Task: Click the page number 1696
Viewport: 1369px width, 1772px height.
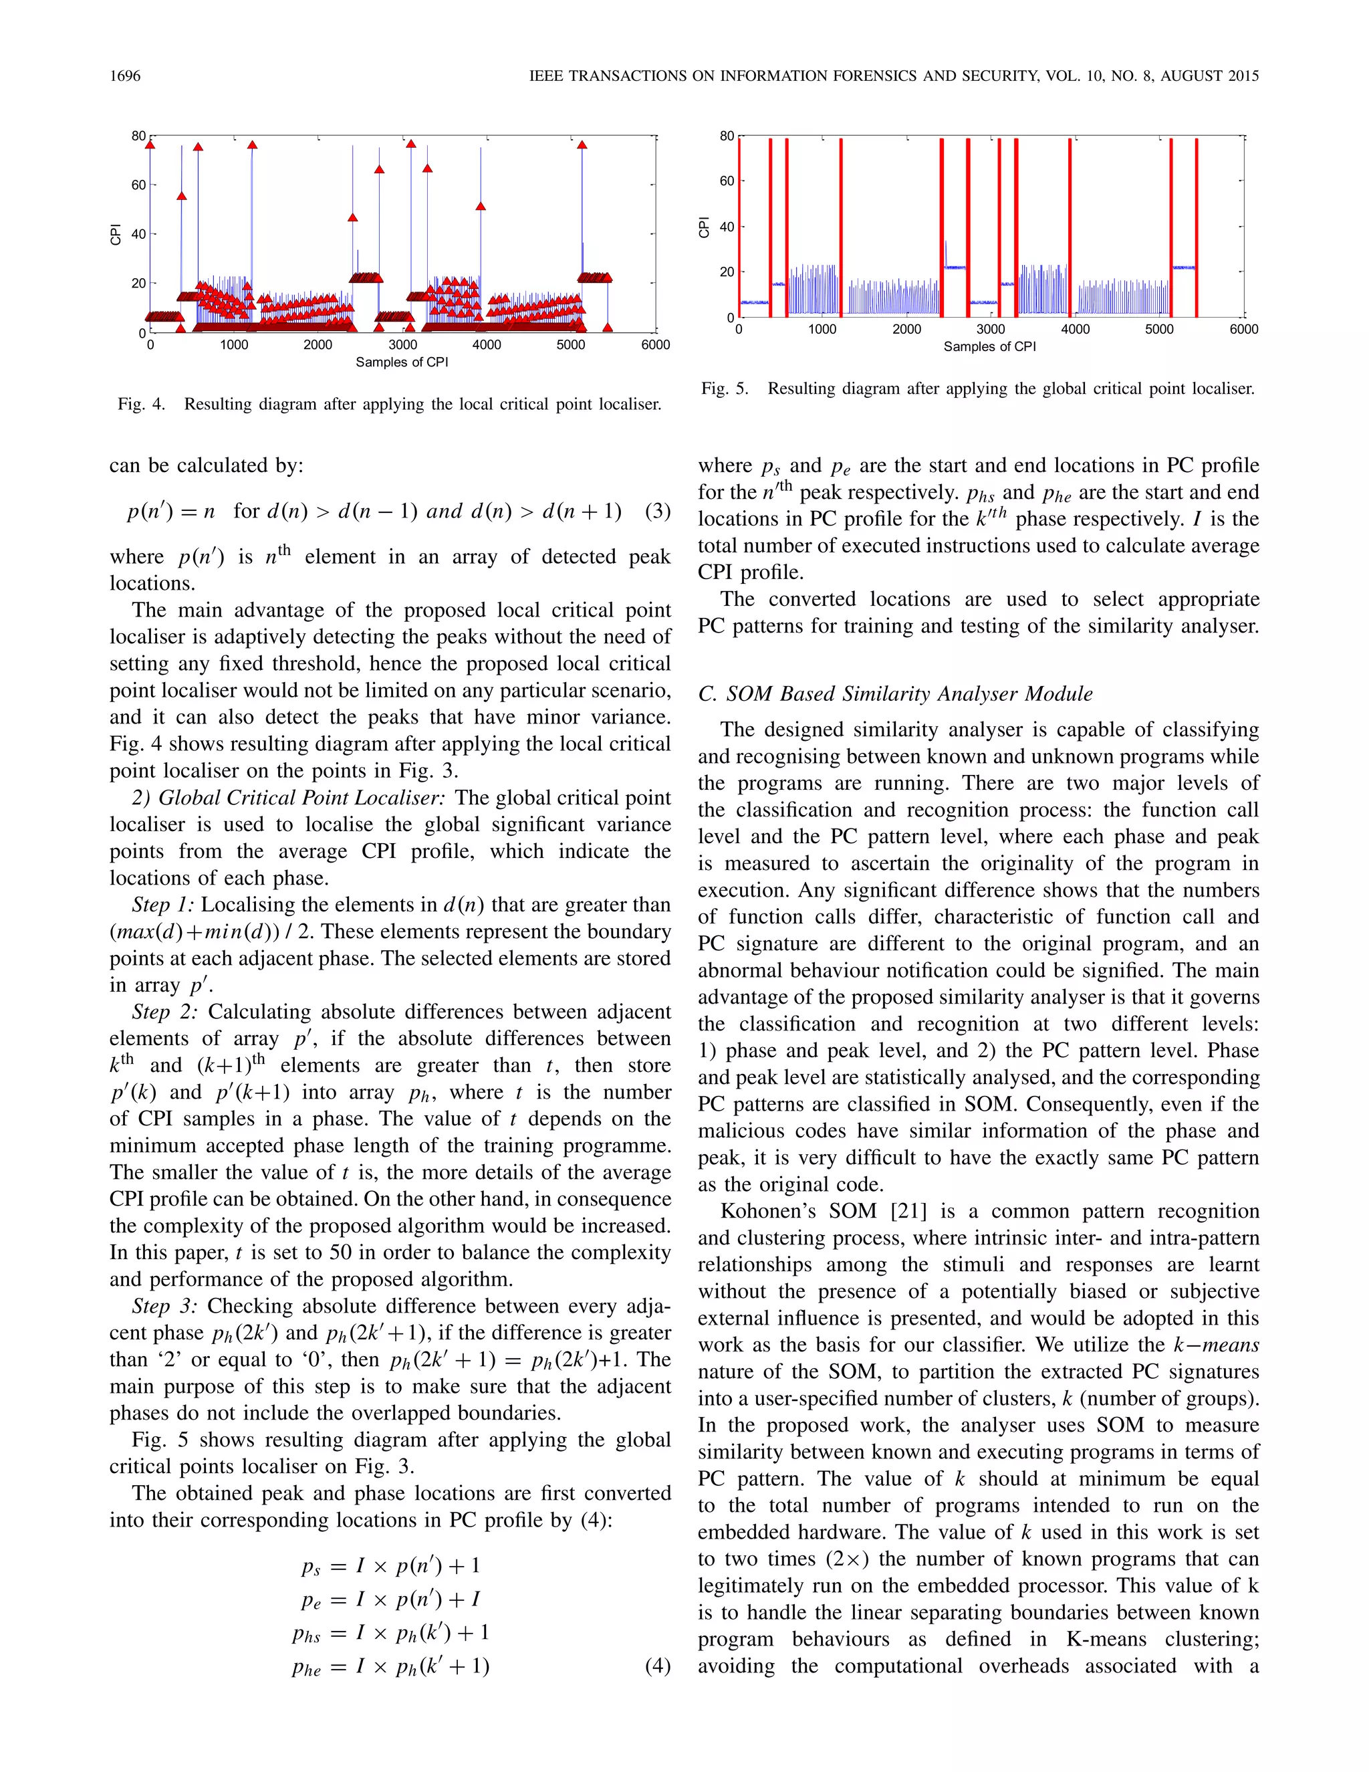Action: pyautogui.click(x=125, y=76)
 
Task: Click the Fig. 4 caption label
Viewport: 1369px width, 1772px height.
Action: pyautogui.click(x=141, y=404)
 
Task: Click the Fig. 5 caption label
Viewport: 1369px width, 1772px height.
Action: pyautogui.click(x=725, y=389)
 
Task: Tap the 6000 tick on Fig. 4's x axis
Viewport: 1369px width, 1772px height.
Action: pyautogui.click(x=655, y=345)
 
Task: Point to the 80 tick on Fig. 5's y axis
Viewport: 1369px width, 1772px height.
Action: pyautogui.click(x=727, y=136)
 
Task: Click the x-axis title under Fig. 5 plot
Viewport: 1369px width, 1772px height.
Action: pyautogui.click(x=989, y=346)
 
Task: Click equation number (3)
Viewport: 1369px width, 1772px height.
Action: pyautogui.click(x=657, y=511)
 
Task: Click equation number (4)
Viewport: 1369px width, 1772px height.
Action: pyautogui.click(x=657, y=1666)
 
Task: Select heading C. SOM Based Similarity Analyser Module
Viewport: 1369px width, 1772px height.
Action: pyautogui.click(x=895, y=693)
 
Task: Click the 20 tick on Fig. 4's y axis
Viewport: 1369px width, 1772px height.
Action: pyautogui.click(x=138, y=283)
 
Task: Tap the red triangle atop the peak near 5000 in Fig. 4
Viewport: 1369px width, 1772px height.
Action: pyautogui.click(x=582, y=145)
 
